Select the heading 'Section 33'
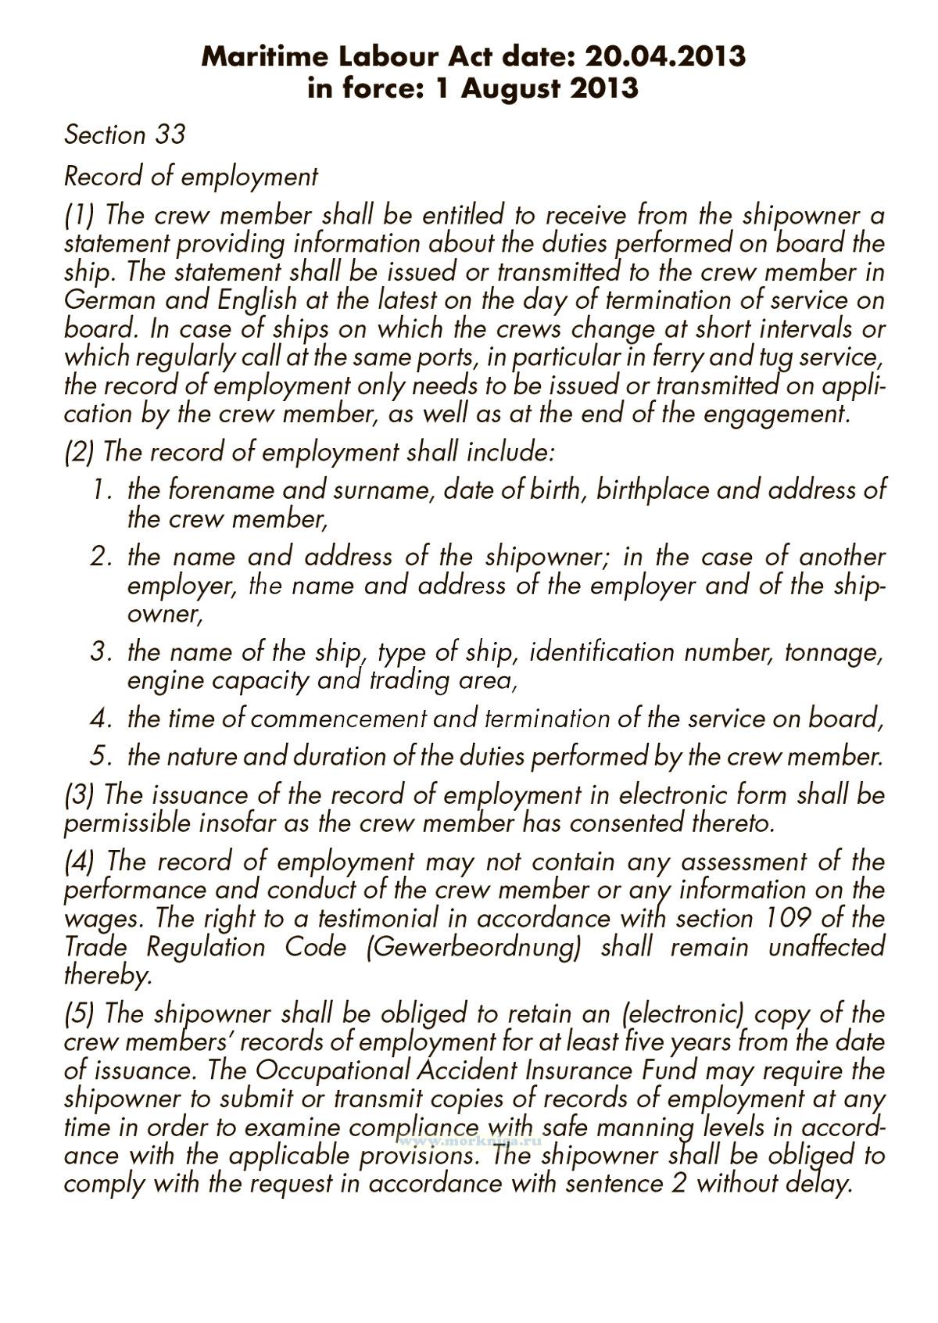(124, 134)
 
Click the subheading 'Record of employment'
(191, 177)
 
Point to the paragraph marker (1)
(78, 214)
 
